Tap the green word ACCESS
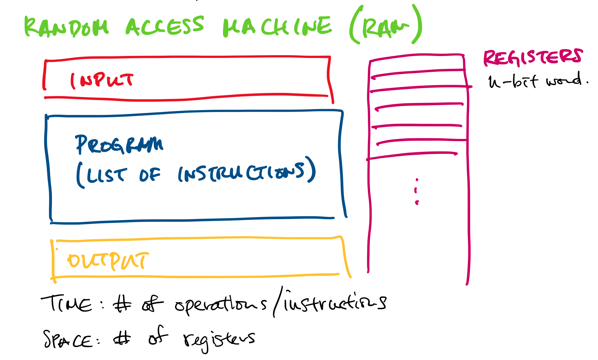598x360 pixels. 165,26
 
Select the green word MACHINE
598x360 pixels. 277,27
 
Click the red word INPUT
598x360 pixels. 102,80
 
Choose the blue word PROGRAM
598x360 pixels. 119,144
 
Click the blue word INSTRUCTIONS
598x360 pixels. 241,173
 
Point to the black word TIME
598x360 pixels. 66,304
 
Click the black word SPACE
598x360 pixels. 68,339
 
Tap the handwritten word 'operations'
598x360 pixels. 220,304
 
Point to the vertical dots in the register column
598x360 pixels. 417,191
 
